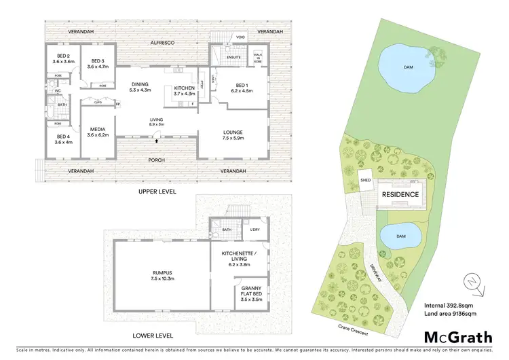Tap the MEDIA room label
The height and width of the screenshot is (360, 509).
pos(99,131)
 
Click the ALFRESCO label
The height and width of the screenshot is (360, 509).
pos(162,43)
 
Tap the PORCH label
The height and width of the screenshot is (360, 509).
pos(157,160)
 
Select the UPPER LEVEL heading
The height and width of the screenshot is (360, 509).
pos(157,192)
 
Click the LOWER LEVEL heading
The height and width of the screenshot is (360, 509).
pos(153,336)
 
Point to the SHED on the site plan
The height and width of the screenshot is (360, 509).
pos(366,180)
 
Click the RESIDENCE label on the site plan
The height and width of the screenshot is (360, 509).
pos(400,194)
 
